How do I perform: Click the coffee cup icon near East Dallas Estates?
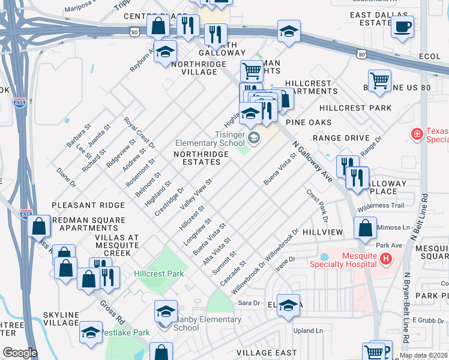402,27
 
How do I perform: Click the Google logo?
20,353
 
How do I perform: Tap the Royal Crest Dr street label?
139,133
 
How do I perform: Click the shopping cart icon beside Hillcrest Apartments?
379,80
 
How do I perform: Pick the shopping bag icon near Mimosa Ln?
365,228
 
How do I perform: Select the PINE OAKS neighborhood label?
309,122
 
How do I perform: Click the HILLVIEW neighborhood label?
322,232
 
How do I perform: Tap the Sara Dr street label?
248,304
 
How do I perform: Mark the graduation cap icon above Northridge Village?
165,52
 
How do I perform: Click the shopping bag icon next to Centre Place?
158,26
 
